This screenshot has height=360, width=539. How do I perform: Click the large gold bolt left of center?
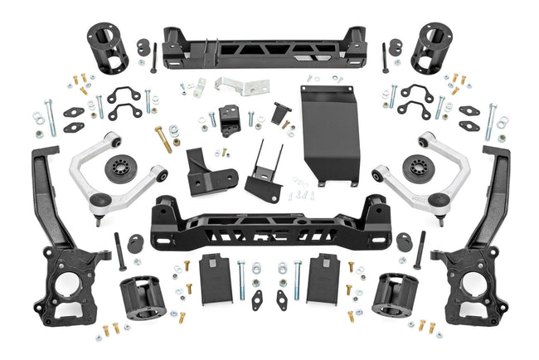163,139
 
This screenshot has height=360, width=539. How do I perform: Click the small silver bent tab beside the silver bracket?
200,86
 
